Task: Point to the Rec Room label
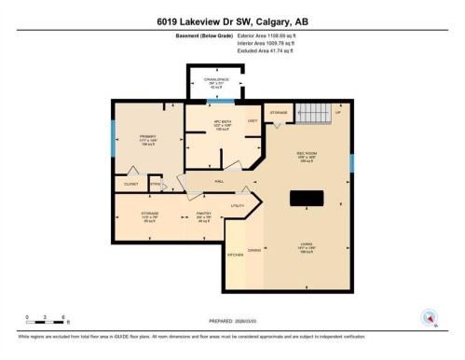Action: click(307, 156)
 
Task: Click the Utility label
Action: click(238, 204)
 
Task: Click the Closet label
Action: click(130, 185)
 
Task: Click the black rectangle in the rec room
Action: click(307, 198)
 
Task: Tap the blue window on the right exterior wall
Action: click(352, 164)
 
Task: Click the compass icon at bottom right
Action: click(429, 317)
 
